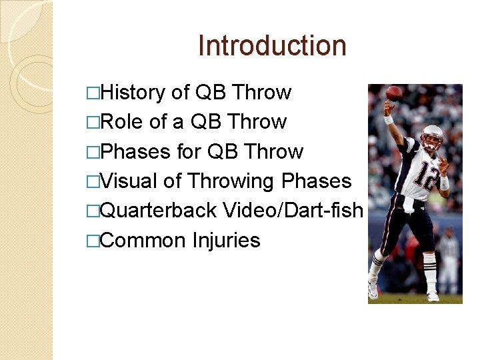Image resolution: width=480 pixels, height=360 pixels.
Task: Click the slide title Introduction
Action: pos(272,46)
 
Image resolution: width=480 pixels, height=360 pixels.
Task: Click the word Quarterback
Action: pos(158,211)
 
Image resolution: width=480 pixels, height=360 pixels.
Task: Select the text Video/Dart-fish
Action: pos(293,211)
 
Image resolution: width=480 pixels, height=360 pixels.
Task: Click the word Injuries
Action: pos(225,240)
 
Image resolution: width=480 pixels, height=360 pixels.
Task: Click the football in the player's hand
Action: pos(394,93)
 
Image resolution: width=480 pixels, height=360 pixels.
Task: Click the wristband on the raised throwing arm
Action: pos(389,119)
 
